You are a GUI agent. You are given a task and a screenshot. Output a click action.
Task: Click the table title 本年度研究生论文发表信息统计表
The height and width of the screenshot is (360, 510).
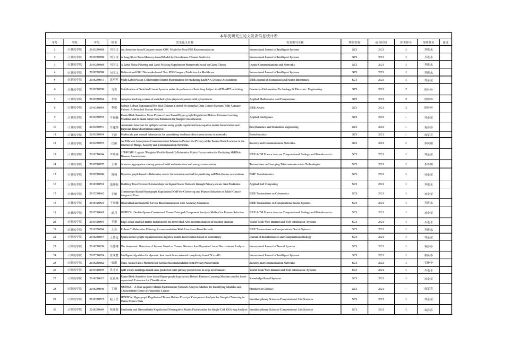pos(249,36)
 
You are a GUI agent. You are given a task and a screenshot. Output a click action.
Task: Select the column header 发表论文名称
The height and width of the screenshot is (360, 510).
pos(185,42)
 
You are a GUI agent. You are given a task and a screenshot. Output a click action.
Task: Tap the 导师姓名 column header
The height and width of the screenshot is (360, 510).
pos(428,42)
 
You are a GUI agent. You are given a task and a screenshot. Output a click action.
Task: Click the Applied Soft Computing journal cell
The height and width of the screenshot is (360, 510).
pos(263,184)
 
